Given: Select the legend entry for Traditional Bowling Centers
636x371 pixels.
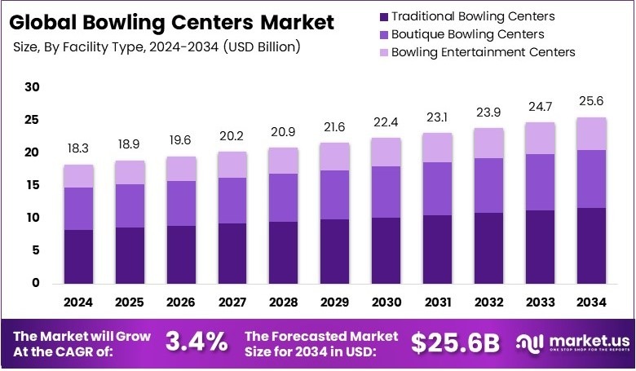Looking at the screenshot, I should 473,16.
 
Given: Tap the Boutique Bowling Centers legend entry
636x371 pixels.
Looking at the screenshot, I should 467,34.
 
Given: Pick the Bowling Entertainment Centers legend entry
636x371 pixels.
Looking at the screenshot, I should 483,52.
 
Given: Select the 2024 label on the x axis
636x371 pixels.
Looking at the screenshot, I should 79,302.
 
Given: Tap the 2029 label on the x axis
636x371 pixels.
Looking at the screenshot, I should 333,302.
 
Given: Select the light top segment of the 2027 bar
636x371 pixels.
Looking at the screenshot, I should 232,165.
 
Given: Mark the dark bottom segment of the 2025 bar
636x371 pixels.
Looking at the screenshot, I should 130,255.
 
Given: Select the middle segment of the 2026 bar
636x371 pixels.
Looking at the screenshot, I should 181,203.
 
